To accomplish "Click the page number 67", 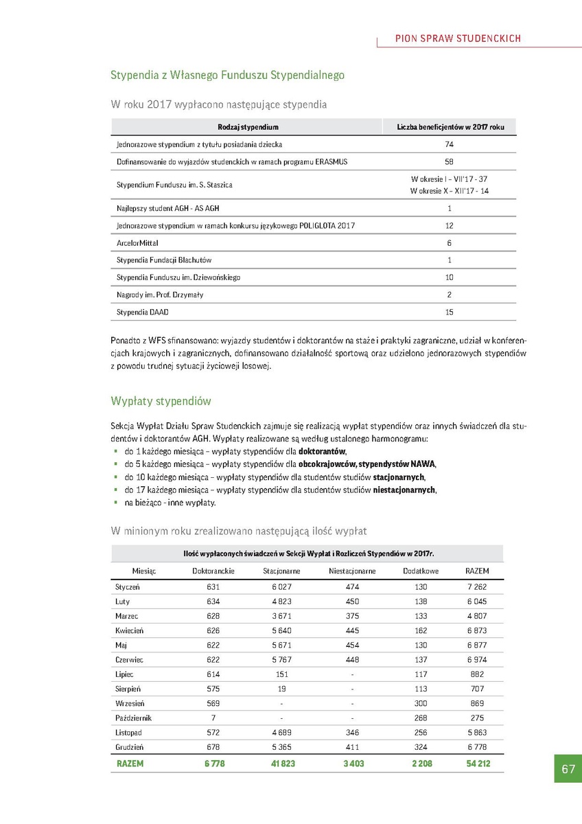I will coord(568,769).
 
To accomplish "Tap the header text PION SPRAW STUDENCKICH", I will coord(458,38).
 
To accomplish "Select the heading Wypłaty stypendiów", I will coord(161,401).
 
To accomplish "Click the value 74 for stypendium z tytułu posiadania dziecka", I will coord(449,145).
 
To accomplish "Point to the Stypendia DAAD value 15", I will coord(449,312).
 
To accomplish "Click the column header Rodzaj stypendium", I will coord(248,128).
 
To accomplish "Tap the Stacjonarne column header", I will coord(281,571).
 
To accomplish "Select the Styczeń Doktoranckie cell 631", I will coord(213,587).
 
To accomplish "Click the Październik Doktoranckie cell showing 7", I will coord(213,718).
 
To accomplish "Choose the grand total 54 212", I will coord(477,764).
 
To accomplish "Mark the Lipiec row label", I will coord(126,674).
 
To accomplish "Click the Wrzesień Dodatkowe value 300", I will coord(421,703).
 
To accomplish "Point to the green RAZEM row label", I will coord(130,764).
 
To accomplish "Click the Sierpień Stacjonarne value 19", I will coord(281,689).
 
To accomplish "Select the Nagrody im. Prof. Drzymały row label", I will coord(160,295).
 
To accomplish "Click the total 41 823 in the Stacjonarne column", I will coord(281,764).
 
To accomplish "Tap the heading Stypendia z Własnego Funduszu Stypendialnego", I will coord(227,75).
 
